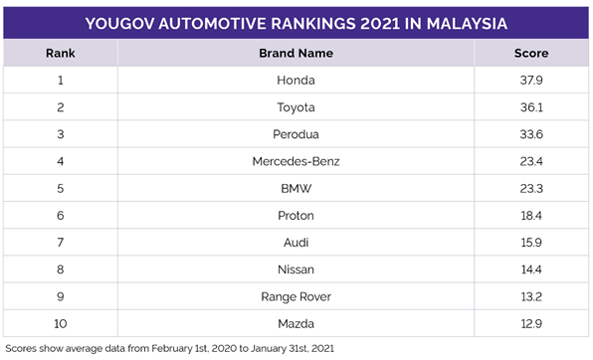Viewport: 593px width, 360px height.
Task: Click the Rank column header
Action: tap(61, 53)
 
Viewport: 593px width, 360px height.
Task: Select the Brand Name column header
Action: tap(295, 53)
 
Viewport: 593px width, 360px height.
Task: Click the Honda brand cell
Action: tap(295, 79)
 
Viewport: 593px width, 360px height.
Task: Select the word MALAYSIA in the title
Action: tap(459, 20)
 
